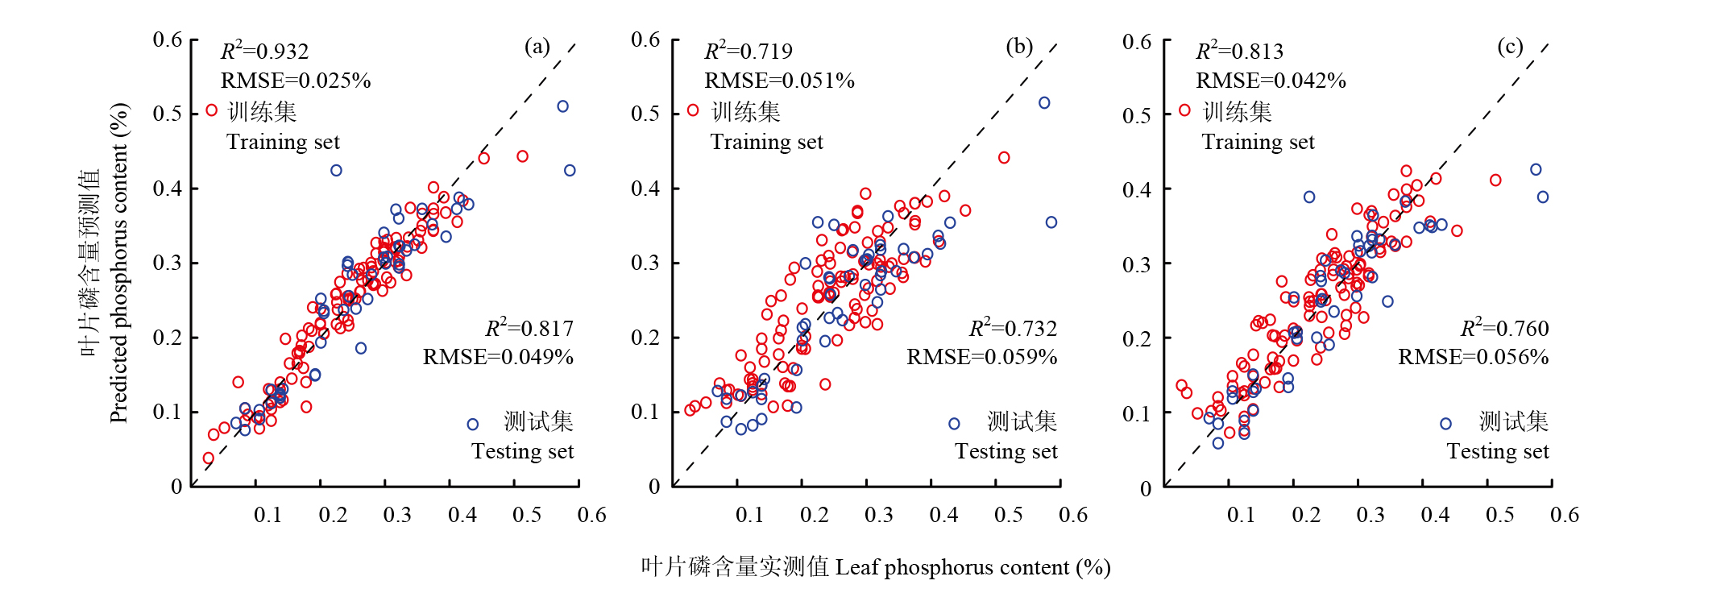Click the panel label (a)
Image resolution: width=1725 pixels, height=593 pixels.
click(x=537, y=47)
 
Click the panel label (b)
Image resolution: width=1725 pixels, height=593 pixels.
click(x=1019, y=47)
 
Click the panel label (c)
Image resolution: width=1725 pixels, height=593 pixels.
click(x=1510, y=47)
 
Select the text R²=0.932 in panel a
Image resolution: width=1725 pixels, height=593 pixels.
click(x=265, y=52)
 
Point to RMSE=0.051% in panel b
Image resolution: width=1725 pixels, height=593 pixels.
click(x=779, y=81)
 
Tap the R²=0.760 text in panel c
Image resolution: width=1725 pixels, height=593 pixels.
click(x=1504, y=328)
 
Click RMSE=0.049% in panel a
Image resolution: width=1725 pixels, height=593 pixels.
click(x=498, y=357)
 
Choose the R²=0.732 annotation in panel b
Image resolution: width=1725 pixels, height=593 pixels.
click(x=1013, y=328)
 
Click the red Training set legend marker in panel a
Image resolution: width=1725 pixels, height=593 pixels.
click(x=211, y=110)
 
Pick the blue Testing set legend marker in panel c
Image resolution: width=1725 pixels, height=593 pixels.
click(x=1445, y=424)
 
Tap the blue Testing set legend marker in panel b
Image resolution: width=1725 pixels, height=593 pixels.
click(x=954, y=424)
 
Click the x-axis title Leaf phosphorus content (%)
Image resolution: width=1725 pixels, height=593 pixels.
click(x=876, y=567)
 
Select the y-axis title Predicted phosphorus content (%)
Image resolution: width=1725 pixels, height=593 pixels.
click(x=118, y=263)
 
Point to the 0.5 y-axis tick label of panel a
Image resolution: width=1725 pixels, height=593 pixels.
click(x=168, y=114)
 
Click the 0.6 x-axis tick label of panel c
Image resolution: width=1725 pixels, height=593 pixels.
click(x=1565, y=515)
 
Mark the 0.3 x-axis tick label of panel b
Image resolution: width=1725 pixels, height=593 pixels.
click(x=879, y=515)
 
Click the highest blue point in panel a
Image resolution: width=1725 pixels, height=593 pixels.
click(x=562, y=106)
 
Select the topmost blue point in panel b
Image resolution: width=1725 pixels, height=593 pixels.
click(x=1044, y=103)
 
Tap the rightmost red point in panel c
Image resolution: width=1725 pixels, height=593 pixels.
click(x=1495, y=180)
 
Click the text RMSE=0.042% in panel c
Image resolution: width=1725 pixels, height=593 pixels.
click(x=1271, y=81)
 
